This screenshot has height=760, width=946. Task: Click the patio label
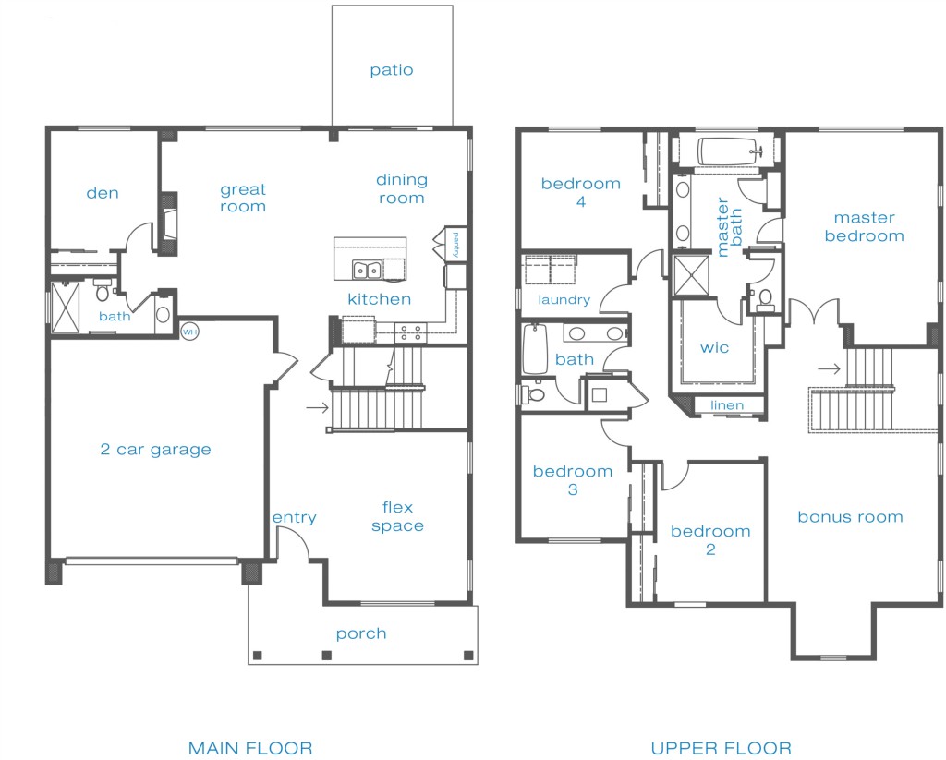392,70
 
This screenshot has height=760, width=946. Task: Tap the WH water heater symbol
189,332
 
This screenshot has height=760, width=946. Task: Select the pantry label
455,245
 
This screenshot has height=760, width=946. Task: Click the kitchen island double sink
366,271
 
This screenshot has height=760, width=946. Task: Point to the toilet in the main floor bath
103,290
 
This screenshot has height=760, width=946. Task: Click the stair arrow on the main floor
318,408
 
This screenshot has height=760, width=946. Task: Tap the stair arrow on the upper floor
830,368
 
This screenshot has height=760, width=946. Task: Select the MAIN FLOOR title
250,748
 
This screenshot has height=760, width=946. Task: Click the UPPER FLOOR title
721,748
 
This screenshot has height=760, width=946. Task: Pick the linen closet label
727,405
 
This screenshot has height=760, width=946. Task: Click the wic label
714,347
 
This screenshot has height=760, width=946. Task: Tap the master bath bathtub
728,151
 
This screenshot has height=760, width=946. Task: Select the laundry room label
564,300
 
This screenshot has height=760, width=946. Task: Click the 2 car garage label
155,450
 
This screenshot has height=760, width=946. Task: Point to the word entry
294,517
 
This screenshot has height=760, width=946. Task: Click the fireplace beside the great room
170,224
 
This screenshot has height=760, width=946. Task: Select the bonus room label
850,517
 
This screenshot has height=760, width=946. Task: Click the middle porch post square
326,656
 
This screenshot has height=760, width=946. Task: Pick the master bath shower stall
691,276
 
